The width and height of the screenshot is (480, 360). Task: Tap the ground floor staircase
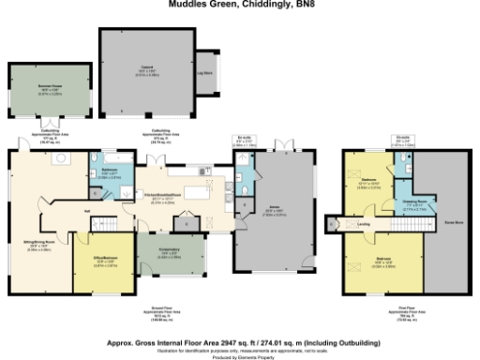[x=113, y=225]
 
